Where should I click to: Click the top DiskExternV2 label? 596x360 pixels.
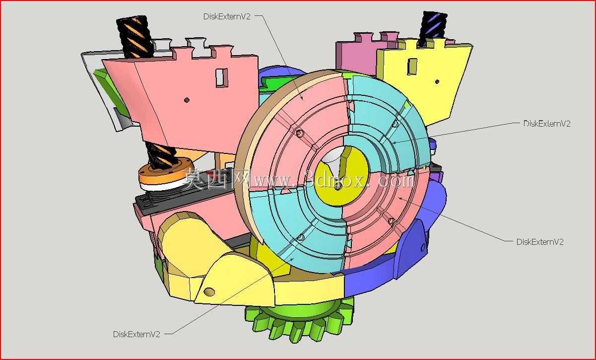(227, 16)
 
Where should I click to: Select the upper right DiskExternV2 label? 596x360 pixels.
(547, 124)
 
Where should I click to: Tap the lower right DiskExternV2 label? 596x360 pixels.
(540, 242)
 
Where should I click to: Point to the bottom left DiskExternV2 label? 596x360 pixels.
(136, 334)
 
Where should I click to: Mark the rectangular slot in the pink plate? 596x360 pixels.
(221, 77)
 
